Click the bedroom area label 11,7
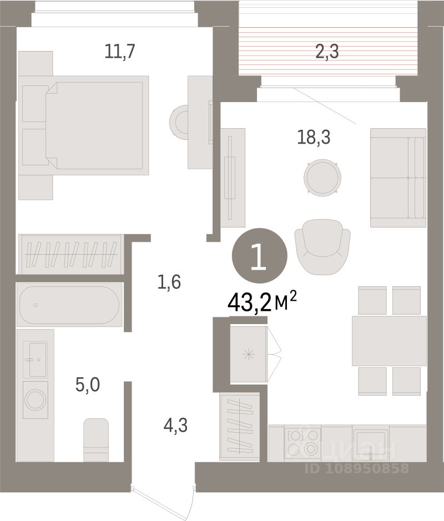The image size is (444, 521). pos(120,52)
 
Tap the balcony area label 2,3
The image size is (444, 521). pos(327,52)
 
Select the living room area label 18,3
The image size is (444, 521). pos(314,137)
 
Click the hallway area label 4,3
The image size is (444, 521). pos(175,426)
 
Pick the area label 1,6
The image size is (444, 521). pos(169,282)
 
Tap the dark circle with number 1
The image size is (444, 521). pos(260,256)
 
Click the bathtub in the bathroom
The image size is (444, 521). pos(69,305)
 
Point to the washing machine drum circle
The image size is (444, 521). pos(35,399)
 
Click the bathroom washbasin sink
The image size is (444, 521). pos(35,360)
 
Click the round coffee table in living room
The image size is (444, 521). pos(322,178)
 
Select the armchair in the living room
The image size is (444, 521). pos(322,247)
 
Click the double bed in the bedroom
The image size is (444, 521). pos(83,125)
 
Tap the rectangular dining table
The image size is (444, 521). pos(389,341)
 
